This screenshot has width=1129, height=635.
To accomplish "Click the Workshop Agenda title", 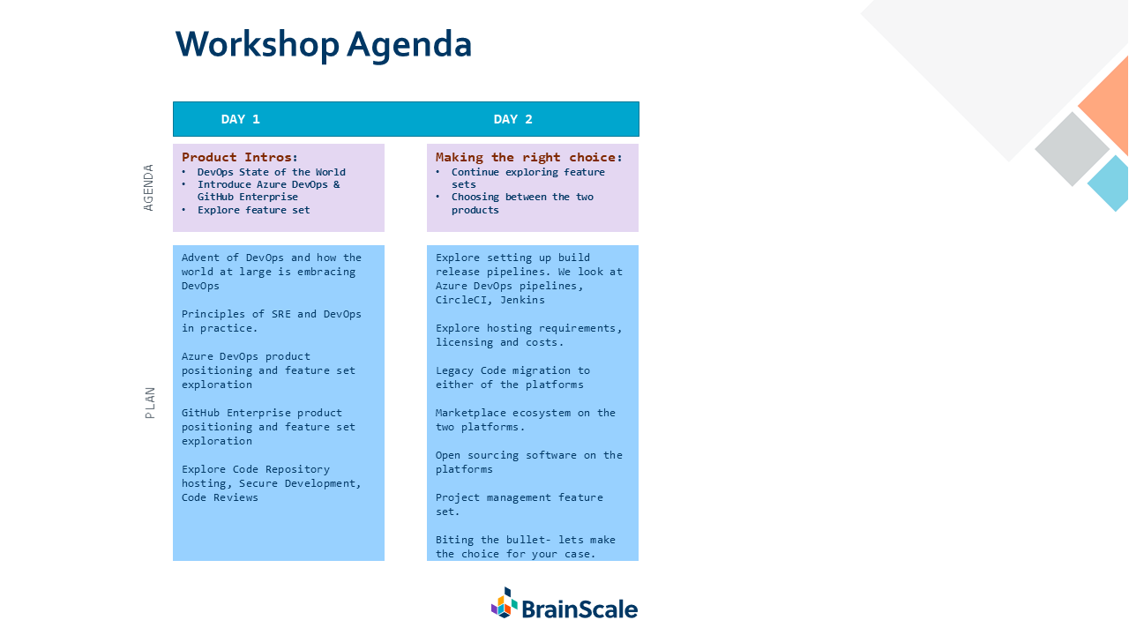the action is click(323, 45).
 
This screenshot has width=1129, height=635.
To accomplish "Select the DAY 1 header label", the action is click(241, 119).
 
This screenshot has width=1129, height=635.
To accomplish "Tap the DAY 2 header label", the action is click(512, 119).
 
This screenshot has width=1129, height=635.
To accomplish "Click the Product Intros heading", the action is click(240, 157).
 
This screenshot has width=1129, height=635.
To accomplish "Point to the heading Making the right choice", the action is click(528, 157).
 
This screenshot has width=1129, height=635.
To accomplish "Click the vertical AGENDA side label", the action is click(148, 188).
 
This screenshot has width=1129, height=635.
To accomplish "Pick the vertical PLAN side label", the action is click(149, 403).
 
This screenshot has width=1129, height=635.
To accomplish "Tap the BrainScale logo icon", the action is click(504, 602).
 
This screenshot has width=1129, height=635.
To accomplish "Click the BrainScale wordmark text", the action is click(579, 609).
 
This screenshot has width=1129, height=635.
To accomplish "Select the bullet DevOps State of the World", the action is click(271, 172).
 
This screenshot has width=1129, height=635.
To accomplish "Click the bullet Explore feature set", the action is click(253, 210).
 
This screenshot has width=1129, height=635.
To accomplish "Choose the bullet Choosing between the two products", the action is click(522, 203).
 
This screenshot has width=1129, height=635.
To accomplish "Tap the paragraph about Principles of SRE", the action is click(271, 321).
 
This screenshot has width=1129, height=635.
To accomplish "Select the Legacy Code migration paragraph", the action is click(512, 377).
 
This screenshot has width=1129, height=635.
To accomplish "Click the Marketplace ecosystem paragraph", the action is click(525, 420).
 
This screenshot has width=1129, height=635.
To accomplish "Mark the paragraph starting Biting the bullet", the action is click(525, 547).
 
